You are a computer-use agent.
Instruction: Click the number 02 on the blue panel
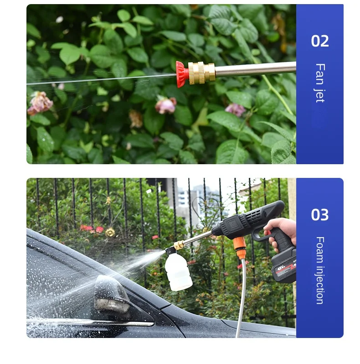(x=319, y=41)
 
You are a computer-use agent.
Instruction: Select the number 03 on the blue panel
(x=319, y=215)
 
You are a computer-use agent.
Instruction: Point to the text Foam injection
(x=319, y=270)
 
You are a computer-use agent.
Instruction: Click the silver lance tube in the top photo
(x=255, y=69)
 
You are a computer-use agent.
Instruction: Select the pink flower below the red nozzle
(x=165, y=105)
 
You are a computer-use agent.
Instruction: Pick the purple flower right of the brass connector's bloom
(x=236, y=109)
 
